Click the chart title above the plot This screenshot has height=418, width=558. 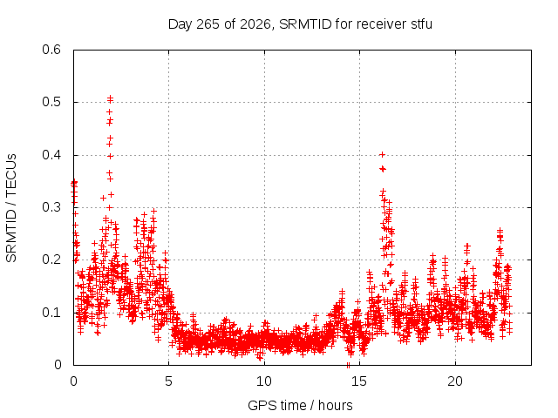[x=300, y=24]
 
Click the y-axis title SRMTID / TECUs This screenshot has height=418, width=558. [x=11, y=208]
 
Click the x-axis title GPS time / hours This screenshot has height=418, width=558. [x=300, y=405]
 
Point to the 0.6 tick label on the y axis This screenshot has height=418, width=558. [x=51, y=50]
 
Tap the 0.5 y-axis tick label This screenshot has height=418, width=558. [x=51, y=102]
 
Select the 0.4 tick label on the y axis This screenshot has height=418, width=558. [x=51, y=155]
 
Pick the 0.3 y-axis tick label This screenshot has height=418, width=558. [x=51, y=207]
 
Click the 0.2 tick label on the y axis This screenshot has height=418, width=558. [x=51, y=260]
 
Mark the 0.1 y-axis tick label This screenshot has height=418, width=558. [x=51, y=313]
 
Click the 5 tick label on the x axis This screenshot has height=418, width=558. [x=168, y=381]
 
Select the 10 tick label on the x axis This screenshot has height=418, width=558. [x=263, y=381]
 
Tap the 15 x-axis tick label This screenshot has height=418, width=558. [x=359, y=381]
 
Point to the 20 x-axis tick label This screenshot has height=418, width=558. [x=455, y=381]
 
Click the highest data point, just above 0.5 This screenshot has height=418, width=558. [x=111, y=97]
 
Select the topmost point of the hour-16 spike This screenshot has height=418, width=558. [x=382, y=154]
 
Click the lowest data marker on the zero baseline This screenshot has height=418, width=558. [x=348, y=365]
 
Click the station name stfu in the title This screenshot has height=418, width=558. [x=422, y=24]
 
